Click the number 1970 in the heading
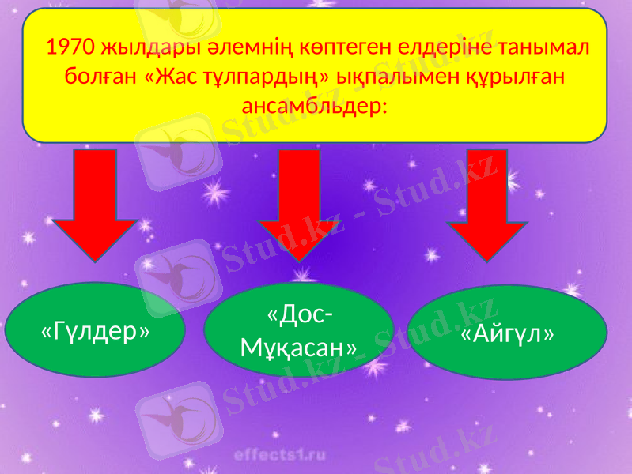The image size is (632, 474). click(x=71, y=49)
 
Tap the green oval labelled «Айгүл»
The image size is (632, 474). click(x=507, y=332)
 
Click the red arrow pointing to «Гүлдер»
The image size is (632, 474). click(x=97, y=205)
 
